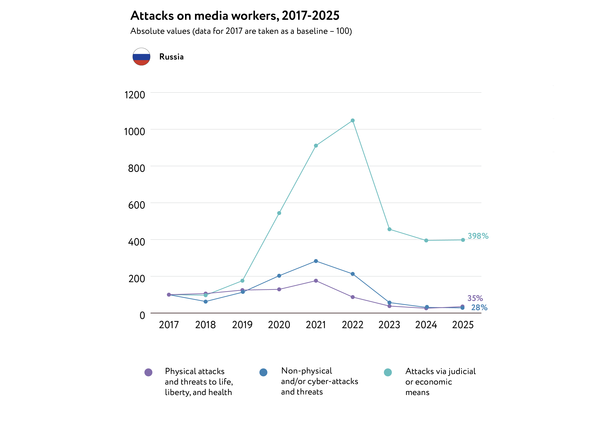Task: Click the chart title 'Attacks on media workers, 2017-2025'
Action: (235, 16)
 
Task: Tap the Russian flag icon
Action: (141, 57)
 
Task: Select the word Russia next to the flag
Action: (171, 57)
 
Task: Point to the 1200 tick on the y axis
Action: (135, 95)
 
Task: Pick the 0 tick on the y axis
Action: (142, 315)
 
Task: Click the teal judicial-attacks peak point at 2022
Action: (353, 121)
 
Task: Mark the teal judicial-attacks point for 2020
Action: (279, 213)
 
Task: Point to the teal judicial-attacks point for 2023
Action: (389, 229)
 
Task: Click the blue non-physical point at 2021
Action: (316, 261)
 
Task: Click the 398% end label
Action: (478, 236)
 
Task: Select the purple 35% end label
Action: (475, 298)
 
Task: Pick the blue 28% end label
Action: (479, 308)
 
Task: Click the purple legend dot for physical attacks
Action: (148, 372)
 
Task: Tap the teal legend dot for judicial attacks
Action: (388, 372)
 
